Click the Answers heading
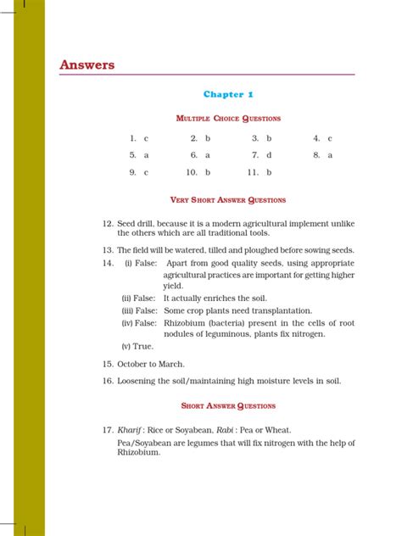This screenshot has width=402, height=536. [x=87, y=65]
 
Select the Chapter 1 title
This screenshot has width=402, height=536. [x=228, y=94]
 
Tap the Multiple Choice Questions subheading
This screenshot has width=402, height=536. [x=228, y=118]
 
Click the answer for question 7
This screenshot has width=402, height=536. [x=268, y=155]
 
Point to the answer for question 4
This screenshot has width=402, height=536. [x=329, y=137]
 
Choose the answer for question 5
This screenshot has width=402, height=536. [x=146, y=155]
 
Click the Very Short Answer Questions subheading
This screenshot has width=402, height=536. [x=228, y=200]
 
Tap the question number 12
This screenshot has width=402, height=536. [x=108, y=222]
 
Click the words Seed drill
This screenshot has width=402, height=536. [x=136, y=222]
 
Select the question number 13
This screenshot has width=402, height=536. [x=108, y=250]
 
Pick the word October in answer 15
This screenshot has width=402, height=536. [x=134, y=363]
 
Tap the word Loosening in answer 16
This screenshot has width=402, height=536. [x=139, y=381]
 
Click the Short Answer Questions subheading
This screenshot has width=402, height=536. [x=228, y=406]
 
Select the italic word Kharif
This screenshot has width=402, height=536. [x=130, y=428]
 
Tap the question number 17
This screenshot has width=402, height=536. [x=108, y=428]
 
